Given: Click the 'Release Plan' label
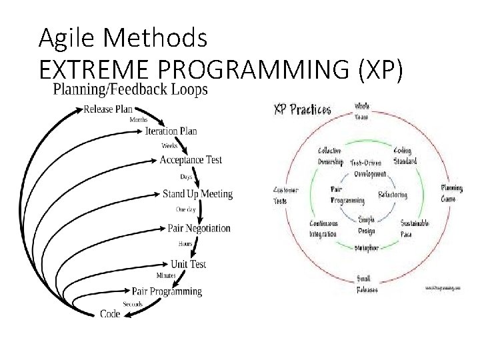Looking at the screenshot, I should [108, 109].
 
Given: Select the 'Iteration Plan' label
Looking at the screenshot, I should [171, 131].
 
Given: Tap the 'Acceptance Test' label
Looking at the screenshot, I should [191, 160].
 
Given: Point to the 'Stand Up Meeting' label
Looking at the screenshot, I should [197, 194].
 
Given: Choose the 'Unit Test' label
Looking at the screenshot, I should [189, 264].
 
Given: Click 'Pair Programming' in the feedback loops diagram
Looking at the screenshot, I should [167, 291].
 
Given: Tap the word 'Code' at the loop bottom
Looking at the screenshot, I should [110, 313].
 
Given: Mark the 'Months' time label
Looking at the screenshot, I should [138, 120].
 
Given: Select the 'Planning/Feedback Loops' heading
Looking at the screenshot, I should [130, 89].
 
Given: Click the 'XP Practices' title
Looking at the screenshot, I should [303, 110].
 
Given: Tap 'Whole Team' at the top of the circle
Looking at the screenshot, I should [361, 111].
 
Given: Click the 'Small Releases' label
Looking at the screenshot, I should [367, 285].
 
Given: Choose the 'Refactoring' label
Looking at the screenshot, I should [393, 195].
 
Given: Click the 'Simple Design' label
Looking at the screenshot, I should [366, 225].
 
